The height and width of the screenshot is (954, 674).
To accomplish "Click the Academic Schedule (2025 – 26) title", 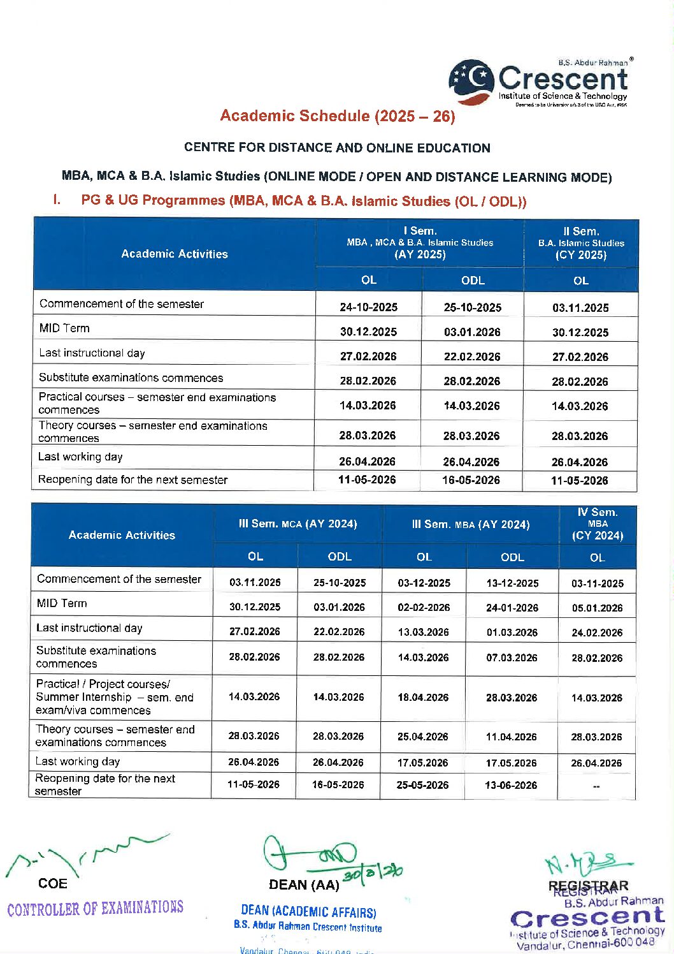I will pos(338,116).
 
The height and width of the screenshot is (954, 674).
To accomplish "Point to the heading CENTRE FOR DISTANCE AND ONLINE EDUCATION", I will pos(337,148).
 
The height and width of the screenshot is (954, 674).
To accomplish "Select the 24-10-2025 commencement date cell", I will pos(368,307).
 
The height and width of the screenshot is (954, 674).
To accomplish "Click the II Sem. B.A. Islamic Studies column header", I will pos(581,243).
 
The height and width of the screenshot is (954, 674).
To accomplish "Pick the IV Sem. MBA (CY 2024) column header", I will pos(597,524).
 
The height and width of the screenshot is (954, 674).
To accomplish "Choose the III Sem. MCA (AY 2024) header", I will pos(298,524).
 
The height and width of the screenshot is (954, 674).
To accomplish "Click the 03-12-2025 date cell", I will pos(424,583).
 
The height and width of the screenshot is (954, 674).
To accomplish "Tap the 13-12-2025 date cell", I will pos(512,583).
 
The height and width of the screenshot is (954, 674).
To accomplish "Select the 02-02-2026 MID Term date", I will pos(424,608).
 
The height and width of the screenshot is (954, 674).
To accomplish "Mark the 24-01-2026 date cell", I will pos(512,608).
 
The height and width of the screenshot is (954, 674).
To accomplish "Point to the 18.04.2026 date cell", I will pos(423,698).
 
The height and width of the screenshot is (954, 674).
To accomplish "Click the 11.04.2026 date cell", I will pos(512,737).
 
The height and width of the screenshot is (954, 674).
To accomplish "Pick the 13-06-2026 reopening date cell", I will pos(511,785).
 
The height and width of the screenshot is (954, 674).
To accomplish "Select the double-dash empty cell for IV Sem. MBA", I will pos(596,786).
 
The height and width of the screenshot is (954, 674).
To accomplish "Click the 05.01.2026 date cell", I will pos(597,608).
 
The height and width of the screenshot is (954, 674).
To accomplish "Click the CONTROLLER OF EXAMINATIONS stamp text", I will pos(96,908).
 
